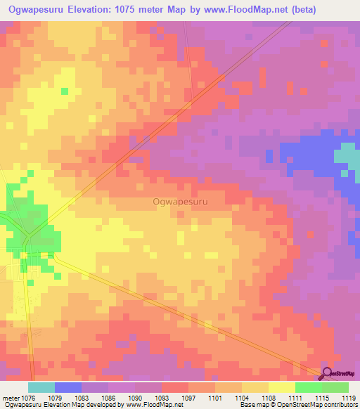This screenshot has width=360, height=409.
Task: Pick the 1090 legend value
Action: coord(136,397)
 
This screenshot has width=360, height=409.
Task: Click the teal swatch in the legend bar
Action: coord(41,387)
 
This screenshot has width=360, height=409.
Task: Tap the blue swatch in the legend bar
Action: coord(68,387)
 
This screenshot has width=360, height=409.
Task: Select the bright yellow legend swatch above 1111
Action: coord(281,387)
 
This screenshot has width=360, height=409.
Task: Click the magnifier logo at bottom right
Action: coord(328,374)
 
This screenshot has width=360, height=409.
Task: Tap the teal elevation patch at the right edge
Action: coord(347,158)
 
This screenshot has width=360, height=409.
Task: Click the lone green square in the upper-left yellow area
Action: coord(64,91)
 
